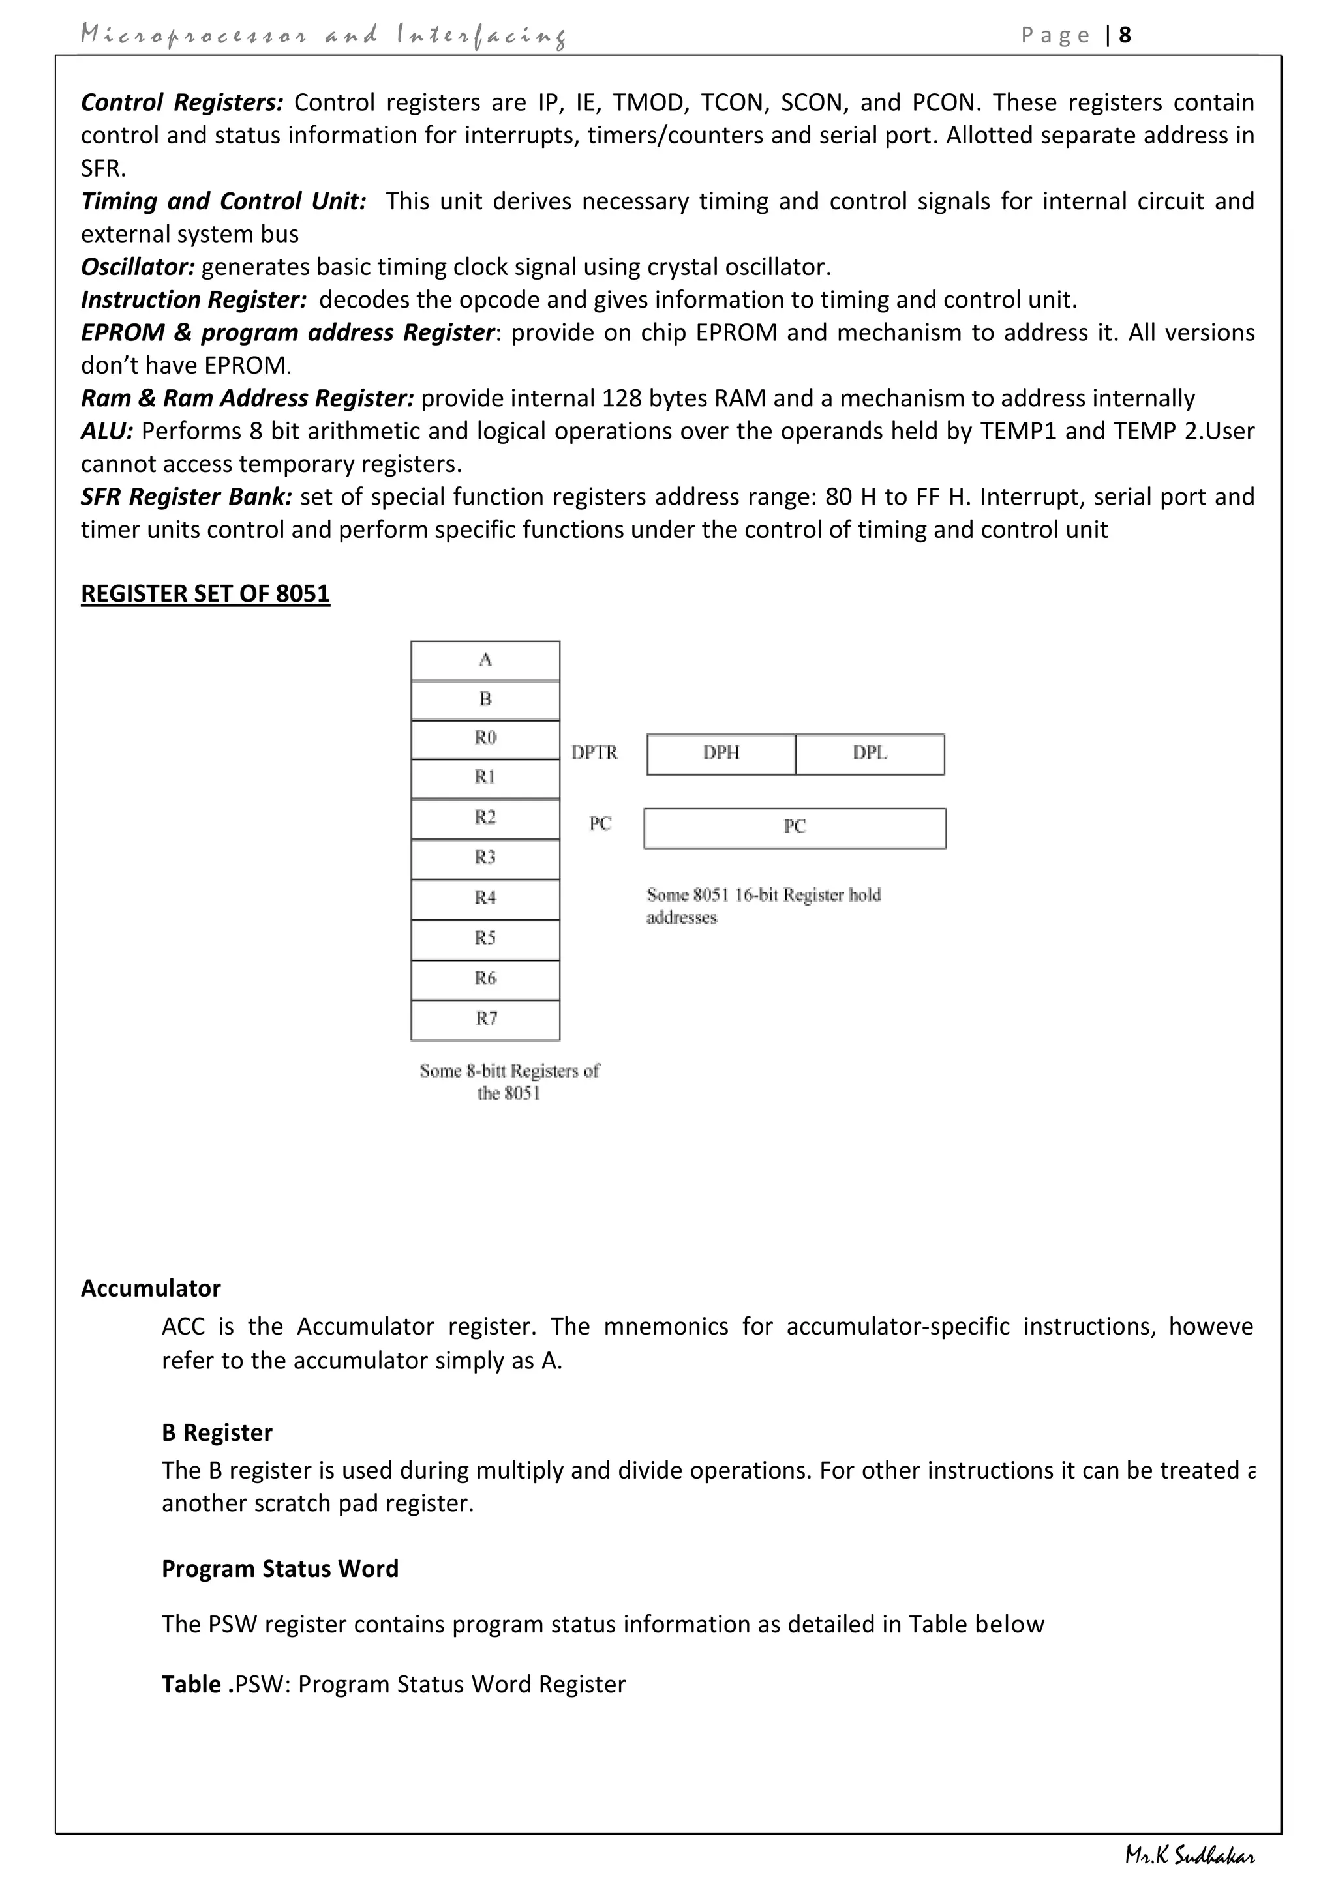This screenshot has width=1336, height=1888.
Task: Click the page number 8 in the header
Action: tap(1125, 35)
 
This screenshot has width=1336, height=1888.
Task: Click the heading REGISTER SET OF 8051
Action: tap(205, 594)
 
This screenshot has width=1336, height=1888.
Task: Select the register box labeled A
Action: tap(485, 660)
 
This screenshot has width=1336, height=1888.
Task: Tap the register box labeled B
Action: tap(485, 700)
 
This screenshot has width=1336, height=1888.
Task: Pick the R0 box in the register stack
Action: tap(485, 739)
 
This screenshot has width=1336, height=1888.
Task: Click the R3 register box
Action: tap(485, 859)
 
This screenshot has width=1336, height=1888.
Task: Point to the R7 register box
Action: tap(485, 1020)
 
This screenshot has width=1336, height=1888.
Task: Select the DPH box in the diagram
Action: tap(721, 754)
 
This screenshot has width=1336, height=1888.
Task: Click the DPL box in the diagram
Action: tap(870, 754)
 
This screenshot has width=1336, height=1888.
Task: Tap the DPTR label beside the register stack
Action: tap(594, 752)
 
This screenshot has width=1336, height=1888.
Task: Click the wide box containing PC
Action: tap(795, 828)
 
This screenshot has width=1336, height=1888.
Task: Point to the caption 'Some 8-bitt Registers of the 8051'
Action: tap(509, 1082)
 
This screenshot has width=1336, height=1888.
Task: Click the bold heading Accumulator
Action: tap(151, 1288)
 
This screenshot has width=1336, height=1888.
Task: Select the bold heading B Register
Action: tap(217, 1432)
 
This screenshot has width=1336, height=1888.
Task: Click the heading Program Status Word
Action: tap(280, 1569)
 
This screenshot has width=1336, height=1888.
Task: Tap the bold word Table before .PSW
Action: tap(191, 1684)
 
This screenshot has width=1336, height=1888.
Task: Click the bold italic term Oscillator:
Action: tap(138, 267)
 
